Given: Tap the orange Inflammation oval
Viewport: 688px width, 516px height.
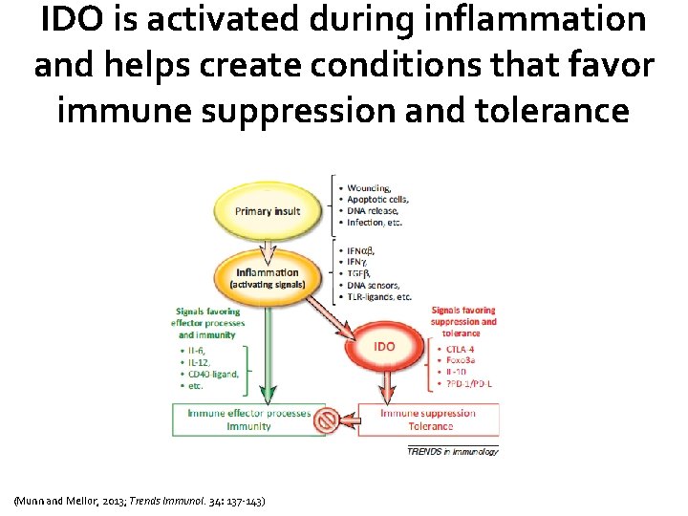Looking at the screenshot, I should [268, 277].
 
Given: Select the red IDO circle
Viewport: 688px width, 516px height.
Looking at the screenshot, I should [383, 345].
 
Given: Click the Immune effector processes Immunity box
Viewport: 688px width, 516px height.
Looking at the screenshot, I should [248, 419].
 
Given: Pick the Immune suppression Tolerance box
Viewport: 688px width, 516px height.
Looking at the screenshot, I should [429, 419].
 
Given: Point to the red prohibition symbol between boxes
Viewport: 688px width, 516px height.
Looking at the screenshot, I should [327, 419].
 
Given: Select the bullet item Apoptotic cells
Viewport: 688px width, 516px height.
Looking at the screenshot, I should [376, 200].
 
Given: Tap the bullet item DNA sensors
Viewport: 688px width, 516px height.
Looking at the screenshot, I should [374, 285].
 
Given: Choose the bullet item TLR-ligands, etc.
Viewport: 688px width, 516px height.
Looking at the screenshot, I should [379, 296].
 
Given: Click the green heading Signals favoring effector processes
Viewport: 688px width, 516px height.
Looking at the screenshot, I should [209, 321].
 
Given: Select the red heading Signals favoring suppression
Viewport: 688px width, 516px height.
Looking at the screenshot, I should [463, 321].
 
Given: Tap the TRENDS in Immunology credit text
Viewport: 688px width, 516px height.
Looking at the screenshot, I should [452, 451].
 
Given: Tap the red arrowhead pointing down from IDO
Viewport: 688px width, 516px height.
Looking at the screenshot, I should [387, 395].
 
